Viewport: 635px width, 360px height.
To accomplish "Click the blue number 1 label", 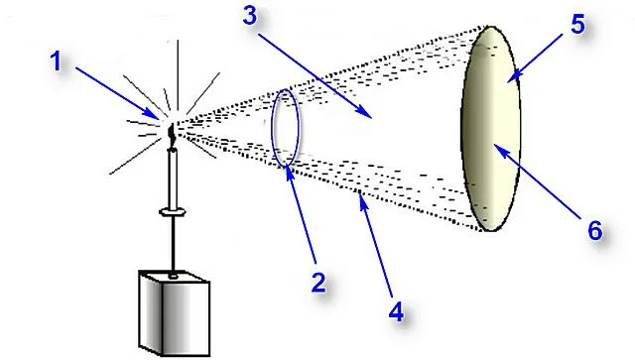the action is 56,61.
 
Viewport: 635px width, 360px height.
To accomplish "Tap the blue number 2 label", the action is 317,283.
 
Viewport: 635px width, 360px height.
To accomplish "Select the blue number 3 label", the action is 250,16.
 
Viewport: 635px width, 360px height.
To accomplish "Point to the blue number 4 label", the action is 397,312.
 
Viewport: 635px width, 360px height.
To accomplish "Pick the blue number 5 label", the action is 577,24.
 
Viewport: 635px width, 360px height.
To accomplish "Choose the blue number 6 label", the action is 595,231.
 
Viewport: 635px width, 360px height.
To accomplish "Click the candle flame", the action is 172,134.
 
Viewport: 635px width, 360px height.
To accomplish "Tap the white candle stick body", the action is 173,179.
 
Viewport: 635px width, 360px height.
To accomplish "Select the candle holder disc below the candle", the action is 173,211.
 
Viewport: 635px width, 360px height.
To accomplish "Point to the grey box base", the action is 175,313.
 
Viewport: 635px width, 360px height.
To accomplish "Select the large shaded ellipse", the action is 490,129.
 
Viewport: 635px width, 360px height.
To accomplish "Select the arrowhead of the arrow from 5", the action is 512,77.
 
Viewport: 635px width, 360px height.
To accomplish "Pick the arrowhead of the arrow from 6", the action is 498,148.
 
